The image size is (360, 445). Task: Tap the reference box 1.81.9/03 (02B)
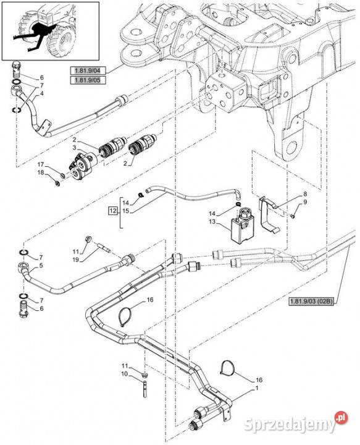312,302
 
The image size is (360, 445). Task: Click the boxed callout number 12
113,211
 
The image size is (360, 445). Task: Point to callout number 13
212,222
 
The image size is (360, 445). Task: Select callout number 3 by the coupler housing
74,147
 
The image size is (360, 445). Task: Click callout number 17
41,164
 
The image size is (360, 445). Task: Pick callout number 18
41,172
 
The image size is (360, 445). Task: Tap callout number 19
75,260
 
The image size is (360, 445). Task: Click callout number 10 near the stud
125,374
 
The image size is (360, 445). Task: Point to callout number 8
305,194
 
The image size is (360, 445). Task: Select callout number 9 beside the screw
305,202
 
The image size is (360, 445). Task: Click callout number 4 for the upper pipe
41,93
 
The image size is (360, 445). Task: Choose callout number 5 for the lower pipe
41,266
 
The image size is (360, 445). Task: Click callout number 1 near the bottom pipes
257,388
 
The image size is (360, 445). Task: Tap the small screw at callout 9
293,216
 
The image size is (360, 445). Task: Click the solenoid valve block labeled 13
242,226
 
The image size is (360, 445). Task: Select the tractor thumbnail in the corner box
50,31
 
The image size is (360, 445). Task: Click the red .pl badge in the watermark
341,418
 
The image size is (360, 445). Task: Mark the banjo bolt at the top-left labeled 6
17,69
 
